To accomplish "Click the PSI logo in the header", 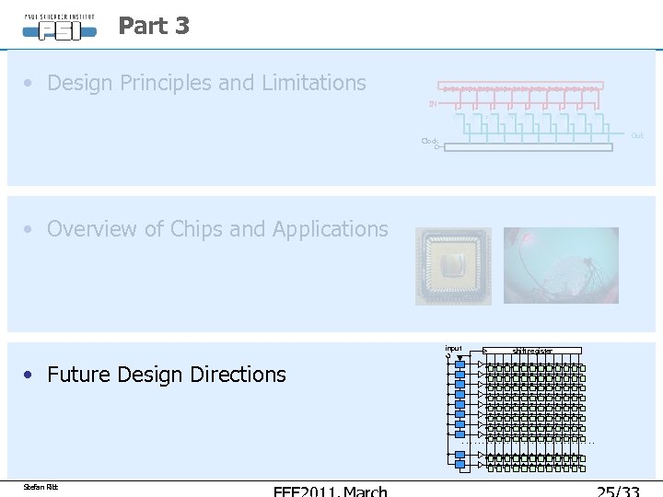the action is coord(60,26).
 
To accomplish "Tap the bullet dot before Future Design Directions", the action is coord(30,375).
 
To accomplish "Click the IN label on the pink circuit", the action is coord(432,104).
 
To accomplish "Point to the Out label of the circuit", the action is coord(636,135).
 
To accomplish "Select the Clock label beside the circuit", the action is coord(429,141).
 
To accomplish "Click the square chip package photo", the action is coord(453,266).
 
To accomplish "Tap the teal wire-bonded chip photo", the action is coord(561,266).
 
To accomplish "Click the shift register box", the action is coord(533,351).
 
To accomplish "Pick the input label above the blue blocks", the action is coord(453,348).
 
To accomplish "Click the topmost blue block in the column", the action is coord(460,364).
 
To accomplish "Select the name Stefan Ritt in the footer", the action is coord(41,487).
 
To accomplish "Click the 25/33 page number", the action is coord(619,491).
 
